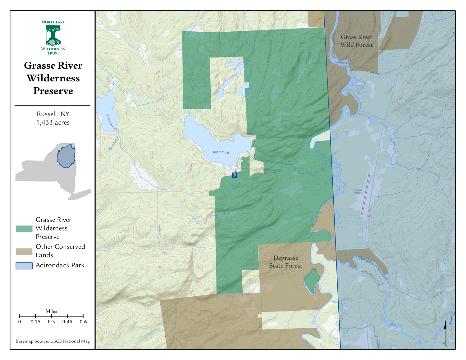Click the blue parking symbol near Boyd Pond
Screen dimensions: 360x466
click(235, 175)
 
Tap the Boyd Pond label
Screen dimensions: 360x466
click(221, 152)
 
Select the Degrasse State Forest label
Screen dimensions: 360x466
click(286, 262)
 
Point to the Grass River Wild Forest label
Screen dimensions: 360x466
click(356, 41)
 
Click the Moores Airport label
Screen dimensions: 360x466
click(358, 191)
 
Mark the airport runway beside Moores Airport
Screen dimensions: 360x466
click(366, 194)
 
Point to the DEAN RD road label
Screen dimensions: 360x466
click(438, 295)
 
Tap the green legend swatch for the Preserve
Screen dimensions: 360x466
click(24, 229)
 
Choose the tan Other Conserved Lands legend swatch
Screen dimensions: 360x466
click(24, 252)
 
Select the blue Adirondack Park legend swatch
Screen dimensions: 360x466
click(24, 266)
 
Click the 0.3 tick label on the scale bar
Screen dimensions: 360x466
click(51, 322)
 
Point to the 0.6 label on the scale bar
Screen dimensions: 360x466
click(83, 322)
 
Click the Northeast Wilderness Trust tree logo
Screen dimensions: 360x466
click(53, 35)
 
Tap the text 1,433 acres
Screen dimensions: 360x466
click(53, 123)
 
